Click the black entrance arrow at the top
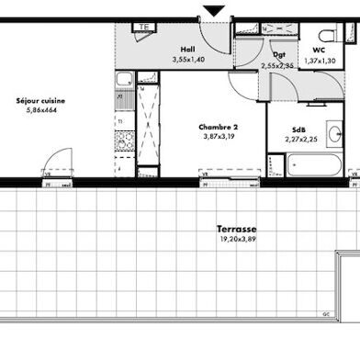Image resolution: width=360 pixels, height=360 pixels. (214, 10)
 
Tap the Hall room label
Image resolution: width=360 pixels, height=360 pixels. (187, 50)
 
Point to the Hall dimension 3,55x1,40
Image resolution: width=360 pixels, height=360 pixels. (187, 60)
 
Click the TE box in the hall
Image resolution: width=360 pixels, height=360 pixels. (143, 28)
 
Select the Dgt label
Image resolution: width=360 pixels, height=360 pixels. (279, 55)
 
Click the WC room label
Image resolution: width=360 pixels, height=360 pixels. (319, 50)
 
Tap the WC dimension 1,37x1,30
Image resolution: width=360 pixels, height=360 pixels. (319, 60)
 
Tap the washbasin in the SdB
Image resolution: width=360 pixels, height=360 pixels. (335, 134)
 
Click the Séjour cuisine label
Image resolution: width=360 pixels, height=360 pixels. (40, 100)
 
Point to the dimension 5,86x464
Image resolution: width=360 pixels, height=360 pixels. (40, 110)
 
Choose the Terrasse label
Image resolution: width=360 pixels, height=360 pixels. (236, 229)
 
